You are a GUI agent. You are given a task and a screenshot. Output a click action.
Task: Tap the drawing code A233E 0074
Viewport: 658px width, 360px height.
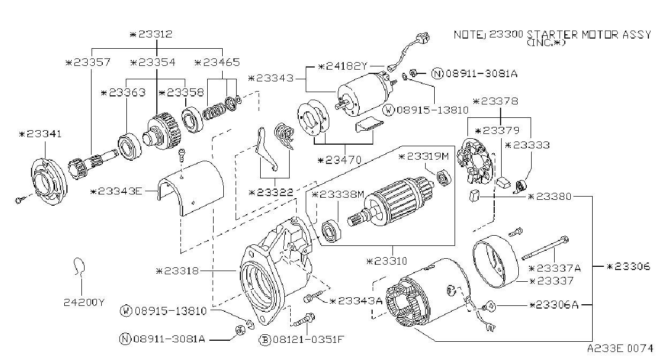(620, 349)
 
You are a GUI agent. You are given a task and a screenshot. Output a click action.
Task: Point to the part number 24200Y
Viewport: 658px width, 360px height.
(84, 302)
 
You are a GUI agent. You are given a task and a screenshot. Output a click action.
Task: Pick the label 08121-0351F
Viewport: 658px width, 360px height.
(308, 340)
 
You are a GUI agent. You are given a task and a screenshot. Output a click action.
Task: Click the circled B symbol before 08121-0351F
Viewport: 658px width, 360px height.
(264, 340)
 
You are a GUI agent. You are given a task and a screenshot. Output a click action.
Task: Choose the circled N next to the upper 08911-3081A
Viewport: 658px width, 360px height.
(437, 73)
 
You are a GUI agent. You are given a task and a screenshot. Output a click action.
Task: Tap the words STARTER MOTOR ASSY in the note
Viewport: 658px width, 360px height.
(589, 35)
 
